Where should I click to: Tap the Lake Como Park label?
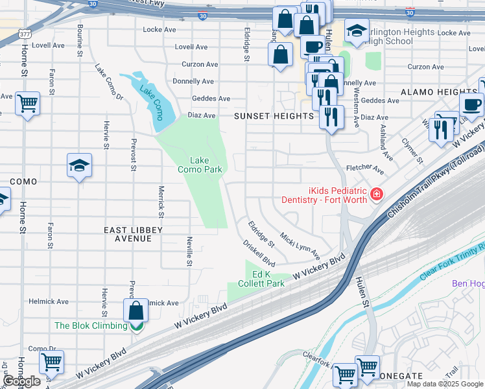(200, 165)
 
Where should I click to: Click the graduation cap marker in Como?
(79, 166)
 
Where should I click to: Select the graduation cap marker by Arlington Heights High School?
(356, 30)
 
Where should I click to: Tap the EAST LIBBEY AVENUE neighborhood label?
(128, 234)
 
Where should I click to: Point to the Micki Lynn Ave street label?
(300, 242)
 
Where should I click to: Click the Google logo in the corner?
(21, 381)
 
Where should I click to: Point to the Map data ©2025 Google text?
(445, 384)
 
